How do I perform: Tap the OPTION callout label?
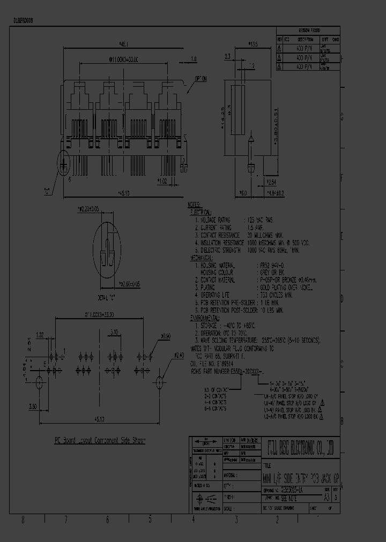click(201, 78)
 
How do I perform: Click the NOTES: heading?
click(194, 205)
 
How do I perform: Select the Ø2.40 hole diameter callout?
click(164, 355)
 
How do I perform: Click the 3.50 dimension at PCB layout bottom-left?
click(32, 406)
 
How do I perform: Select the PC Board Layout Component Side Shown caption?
click(100, 440)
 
